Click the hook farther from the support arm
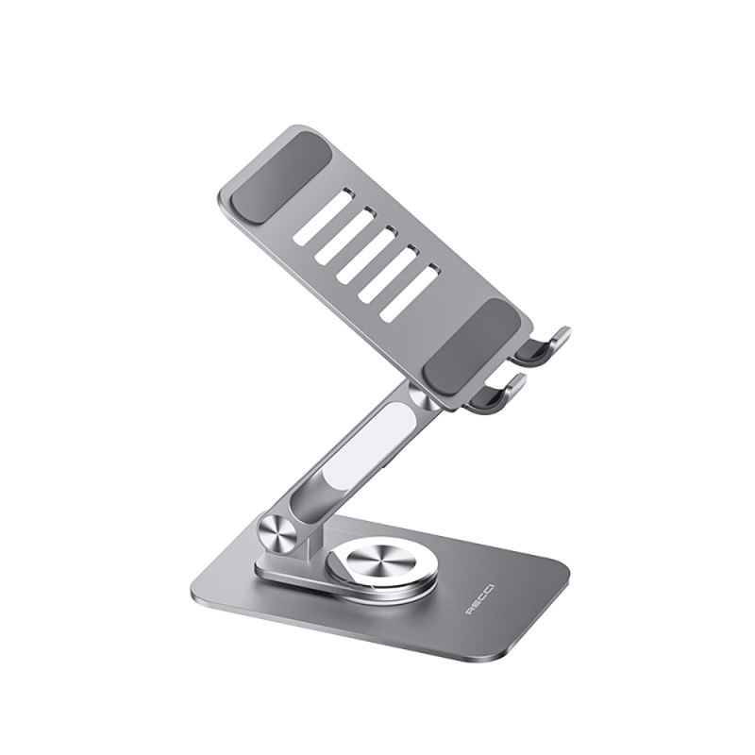[x=546, y=344]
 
